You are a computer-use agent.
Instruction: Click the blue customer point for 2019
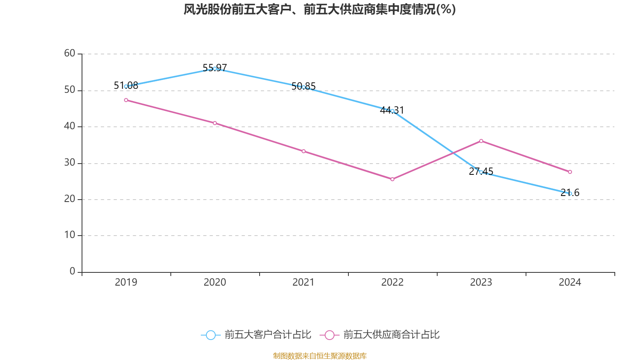pos(126,86)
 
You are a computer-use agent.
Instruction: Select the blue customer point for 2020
pos(215,68)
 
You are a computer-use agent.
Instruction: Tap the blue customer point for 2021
pos(304,87)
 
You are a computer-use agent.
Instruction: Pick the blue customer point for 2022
pos(392,111)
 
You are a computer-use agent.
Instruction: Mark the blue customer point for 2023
pos(481,172)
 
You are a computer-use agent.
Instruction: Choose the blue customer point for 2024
pos(570,194)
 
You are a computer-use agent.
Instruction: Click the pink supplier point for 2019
pos(126,100)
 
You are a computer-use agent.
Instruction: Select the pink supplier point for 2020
pos(215,123)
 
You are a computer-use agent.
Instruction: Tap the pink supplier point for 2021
pos(304,151)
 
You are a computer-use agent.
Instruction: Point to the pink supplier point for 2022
pos(392,179)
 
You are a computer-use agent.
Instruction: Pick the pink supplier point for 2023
pos(481,141)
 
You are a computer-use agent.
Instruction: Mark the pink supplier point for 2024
pos(570,172)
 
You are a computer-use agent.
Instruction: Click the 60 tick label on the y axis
pos(70,53)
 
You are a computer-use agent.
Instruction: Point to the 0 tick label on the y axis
pos(72,271)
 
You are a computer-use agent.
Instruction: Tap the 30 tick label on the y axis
pos(70,162)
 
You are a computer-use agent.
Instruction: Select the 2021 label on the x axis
pos(304,282)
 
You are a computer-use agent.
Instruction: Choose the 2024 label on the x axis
pos(570,282)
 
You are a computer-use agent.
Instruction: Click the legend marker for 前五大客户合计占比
pos(210,335)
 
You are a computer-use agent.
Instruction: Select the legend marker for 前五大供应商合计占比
pos(330,335)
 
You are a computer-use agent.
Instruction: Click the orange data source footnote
pos(320,356)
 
